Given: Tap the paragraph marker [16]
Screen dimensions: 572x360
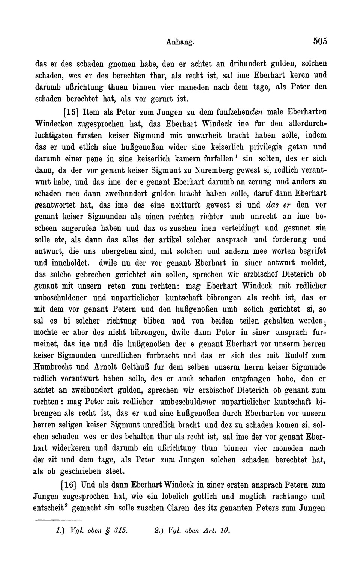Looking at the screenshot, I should [70, 484].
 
